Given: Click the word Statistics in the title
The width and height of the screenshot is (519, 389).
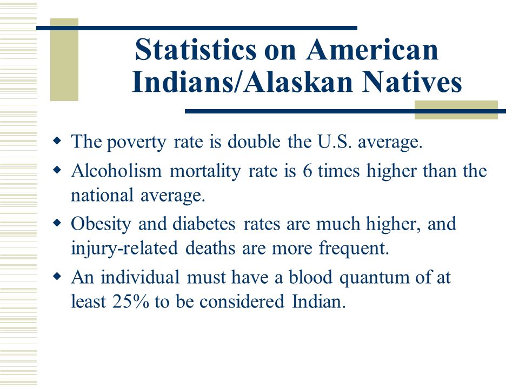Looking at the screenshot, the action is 196,49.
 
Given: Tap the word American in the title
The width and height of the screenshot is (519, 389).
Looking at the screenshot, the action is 372,49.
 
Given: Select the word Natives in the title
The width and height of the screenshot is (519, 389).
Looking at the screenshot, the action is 412,82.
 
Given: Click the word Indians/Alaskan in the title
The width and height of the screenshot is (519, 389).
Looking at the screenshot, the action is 242,82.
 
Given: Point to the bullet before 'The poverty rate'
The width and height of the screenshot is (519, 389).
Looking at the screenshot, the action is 57,141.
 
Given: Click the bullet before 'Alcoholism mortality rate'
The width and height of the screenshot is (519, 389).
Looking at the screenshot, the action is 57,170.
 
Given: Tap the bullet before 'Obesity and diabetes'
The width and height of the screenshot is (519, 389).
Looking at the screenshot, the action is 57,223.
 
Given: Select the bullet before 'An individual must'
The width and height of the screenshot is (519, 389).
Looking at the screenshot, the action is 57,276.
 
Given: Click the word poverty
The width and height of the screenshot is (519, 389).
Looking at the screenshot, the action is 136,143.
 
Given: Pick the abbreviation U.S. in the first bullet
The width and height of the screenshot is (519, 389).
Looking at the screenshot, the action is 334,142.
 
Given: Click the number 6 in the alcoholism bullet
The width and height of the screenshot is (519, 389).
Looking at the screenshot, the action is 308,171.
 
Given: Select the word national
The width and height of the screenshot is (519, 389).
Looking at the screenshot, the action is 102,195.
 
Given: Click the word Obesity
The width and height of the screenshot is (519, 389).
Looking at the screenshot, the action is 101,225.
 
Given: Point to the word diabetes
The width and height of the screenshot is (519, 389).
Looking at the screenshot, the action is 204,224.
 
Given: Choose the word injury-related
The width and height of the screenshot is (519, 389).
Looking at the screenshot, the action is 124,249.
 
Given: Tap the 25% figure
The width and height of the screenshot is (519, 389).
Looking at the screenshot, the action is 131,301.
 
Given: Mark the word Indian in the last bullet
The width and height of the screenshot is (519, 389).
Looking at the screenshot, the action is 319,301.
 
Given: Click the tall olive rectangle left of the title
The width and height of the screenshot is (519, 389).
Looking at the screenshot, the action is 64,59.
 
